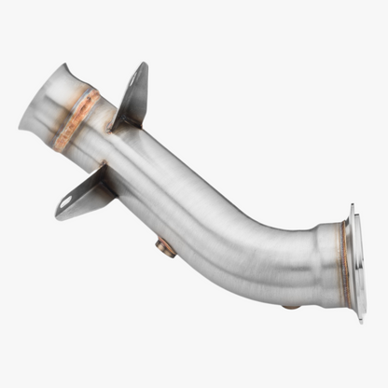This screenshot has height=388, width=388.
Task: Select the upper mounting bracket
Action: coord(132,95)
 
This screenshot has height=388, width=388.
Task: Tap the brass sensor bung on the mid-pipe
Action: coord(166,247)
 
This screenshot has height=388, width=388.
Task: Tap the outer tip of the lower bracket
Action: coord(58,215)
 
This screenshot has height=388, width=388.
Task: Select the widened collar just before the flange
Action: coord(326,261)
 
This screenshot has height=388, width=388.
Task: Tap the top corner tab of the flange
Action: coord(352,210)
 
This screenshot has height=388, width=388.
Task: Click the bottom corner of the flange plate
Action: coord(360,319)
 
